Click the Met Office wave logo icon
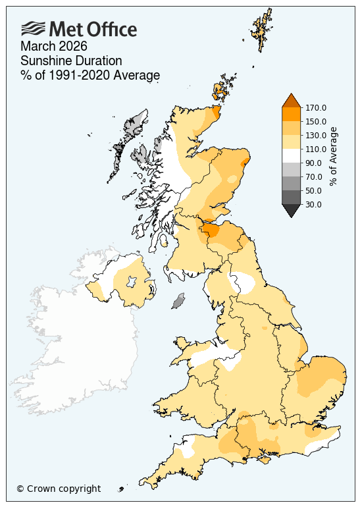pos(34,28)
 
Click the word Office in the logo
pos(109,30)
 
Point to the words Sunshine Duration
pos(71,61)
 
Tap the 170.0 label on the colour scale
pos(316,107)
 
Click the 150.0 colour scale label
pos(316,121)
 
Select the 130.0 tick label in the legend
pos(316,135)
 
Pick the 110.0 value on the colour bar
pos(316,149)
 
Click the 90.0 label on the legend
pos(314,163)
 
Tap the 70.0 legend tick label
pos(314,176)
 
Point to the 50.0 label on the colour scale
pos(314,190)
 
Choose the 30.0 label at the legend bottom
pos(314,204)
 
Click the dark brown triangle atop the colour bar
pos(291,100)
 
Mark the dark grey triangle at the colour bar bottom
pos(291,210)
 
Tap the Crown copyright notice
pos(59,489)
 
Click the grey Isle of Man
pos(178,302)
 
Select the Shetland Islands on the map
pos(263,30)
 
